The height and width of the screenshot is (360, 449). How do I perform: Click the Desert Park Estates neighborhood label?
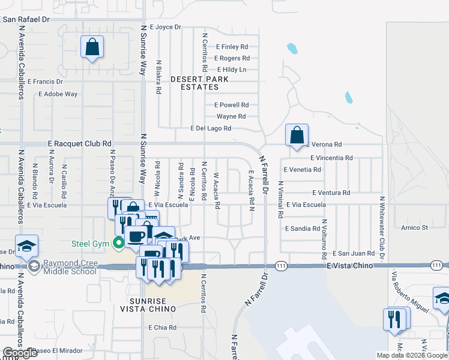pos(194,83)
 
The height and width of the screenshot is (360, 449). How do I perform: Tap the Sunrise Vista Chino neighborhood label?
pos(153,304)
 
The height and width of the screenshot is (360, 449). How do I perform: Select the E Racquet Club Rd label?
pos(80,144)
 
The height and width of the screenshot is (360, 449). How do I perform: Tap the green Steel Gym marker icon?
pos(119,243)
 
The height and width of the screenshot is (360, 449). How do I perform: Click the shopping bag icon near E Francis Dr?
pos(92,47)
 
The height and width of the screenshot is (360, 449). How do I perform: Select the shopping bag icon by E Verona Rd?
pos(297,135)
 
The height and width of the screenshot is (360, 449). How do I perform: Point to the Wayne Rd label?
pos(231,116)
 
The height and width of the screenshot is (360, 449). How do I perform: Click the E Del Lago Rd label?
pos(211,128)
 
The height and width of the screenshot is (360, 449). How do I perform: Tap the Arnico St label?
pos(415,228)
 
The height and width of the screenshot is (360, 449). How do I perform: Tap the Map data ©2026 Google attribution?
pos(412,355)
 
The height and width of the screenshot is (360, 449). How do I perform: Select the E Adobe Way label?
pos(58,94)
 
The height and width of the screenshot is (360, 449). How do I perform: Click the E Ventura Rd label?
pos(331,193)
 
